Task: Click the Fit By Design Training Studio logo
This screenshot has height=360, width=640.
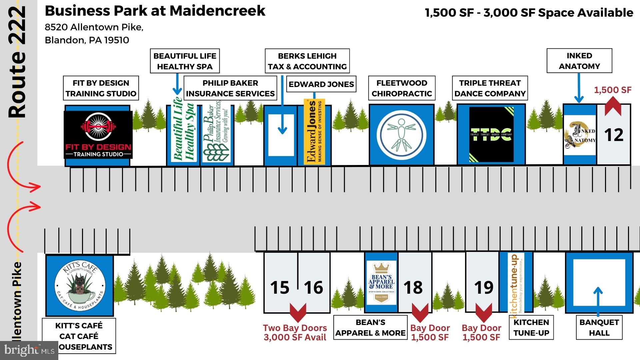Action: point(98,134)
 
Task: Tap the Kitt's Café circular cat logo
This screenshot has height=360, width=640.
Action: point(80,286)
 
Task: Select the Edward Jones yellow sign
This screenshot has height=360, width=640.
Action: point(314,132)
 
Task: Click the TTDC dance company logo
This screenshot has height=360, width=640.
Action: point(491,134)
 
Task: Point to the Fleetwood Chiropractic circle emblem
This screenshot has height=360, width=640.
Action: point(401,135)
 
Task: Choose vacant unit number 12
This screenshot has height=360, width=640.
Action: point(614,135)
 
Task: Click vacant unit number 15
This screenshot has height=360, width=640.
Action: point(280,287)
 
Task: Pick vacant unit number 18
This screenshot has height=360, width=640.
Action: point(413,287)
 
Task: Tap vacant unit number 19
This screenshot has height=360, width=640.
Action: point(484,287)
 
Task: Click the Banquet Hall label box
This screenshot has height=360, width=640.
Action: point(599,327)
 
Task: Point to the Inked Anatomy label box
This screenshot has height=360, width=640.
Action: point(579,61)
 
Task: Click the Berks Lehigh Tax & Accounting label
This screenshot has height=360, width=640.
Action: point(307,61)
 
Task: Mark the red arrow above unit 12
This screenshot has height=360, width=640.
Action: point(613,106)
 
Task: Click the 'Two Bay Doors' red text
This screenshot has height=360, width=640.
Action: point(295,328)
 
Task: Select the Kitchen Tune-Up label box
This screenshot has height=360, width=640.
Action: point(531,327)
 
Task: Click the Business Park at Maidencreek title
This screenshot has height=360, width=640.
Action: point(155,11)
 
